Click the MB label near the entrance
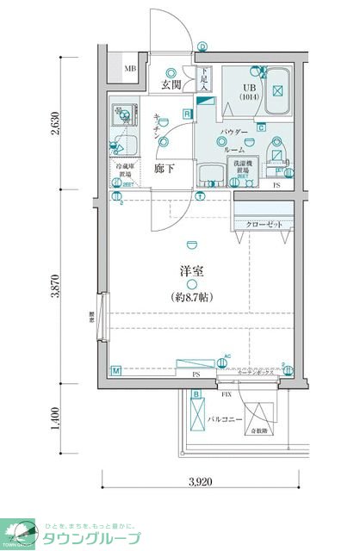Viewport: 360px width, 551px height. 129,69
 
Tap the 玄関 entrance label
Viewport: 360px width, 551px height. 171,84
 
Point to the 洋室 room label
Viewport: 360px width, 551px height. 191,270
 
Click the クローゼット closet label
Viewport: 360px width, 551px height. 263,223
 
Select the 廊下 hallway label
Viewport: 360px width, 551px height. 164,168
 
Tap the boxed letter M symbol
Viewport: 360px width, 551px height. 116,371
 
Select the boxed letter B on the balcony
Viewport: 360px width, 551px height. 196,394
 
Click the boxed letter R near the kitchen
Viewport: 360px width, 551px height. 186,113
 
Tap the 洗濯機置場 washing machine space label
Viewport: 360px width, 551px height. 243,170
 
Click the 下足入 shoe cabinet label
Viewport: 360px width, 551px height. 205,79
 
